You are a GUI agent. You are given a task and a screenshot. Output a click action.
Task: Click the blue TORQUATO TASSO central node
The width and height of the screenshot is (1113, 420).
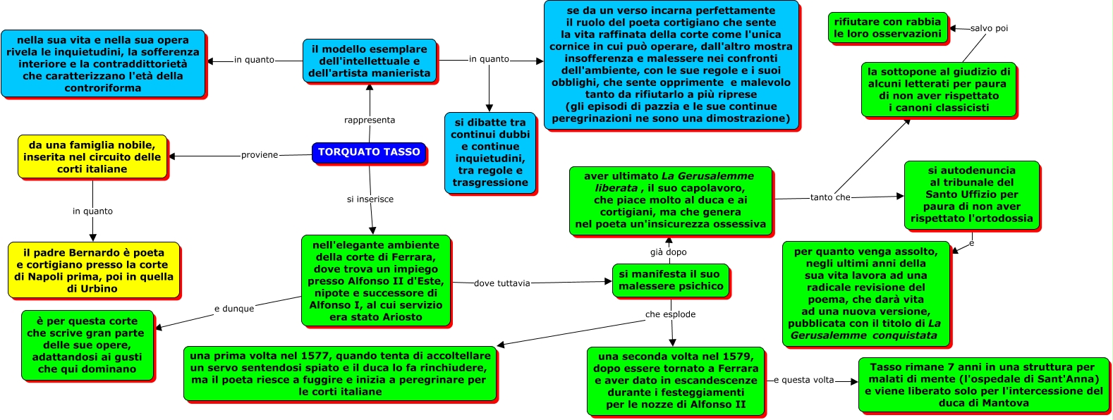(369, 152)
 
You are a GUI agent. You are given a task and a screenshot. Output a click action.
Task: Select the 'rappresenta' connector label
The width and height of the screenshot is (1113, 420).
(370, 120)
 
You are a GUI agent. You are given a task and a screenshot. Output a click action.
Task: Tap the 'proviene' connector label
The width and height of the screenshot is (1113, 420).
(260, 155)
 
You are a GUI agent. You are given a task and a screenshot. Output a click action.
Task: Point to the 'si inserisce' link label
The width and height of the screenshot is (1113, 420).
(370, 199)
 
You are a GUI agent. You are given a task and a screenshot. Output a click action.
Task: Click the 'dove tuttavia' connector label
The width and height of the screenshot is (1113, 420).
(502, 283)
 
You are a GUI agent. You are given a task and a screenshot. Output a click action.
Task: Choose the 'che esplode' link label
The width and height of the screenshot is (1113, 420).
(670, 314)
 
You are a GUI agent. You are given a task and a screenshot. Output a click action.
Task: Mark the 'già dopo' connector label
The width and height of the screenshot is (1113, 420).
(669, 252)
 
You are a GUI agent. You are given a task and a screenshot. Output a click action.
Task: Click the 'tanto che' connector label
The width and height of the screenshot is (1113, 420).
(830, 197)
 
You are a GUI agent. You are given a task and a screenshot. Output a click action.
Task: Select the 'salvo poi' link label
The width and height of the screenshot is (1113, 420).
(989, 28)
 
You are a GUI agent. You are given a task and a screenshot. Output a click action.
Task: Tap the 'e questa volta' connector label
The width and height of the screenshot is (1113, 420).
(803, 380)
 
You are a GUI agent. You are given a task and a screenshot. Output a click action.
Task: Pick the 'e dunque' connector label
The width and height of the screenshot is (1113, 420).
(234, 309)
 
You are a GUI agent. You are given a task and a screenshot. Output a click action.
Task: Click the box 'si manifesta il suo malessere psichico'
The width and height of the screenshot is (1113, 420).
(671, 280)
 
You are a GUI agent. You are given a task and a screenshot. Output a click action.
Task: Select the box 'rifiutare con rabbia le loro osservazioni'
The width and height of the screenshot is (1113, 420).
(887, 28)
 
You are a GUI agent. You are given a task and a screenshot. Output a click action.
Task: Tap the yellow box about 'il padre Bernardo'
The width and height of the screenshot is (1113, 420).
(93, 271)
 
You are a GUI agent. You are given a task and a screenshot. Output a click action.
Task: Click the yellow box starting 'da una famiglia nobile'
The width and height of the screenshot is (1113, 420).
(92, 157)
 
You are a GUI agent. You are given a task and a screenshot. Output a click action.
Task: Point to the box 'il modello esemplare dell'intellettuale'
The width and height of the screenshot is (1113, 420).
(369, 61)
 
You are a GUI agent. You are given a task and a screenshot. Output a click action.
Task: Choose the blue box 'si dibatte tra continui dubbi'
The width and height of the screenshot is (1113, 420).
(490, 152)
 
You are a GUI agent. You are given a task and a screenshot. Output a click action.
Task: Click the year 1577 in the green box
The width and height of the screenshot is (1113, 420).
(315, 356)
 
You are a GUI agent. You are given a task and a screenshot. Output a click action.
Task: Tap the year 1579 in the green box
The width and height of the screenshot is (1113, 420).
(739, 357)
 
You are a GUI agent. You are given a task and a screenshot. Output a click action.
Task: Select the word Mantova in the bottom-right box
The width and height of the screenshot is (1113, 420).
(1008, 403)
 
